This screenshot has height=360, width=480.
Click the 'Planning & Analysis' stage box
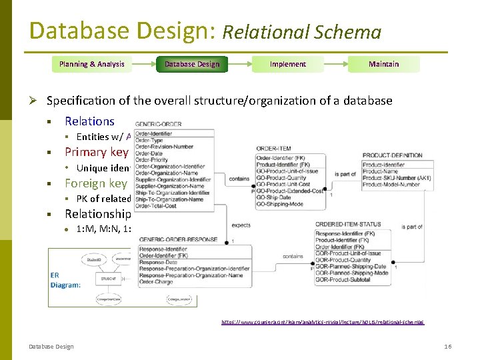[91, 64]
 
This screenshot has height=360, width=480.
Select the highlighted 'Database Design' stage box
[192, 64]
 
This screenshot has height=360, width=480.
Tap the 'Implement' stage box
[288, 64]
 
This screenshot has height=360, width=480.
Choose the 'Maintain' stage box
[384, 64]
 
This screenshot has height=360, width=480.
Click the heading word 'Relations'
[89, 121]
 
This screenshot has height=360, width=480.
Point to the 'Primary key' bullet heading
[95, 151]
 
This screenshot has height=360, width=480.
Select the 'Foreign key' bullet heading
[95, 183]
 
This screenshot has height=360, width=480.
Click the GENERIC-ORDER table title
[159, 125]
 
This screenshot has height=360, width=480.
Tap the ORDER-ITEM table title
[274, 148]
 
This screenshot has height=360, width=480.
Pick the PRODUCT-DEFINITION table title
[393, 155]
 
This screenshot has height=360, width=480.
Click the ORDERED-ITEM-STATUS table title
[349, 225]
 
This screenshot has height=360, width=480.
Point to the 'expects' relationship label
[241, 225]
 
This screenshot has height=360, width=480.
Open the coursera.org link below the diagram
[322, 322]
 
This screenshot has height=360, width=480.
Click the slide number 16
[447, 346]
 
